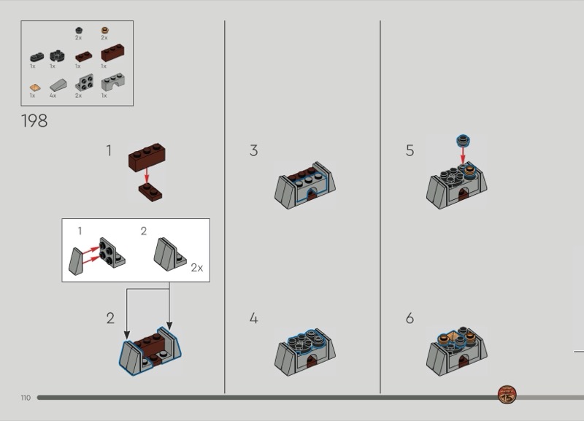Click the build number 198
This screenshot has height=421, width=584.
pyautogui.click(x=34, y=121)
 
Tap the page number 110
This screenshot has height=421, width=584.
pyautogui.click(x=26, y=398)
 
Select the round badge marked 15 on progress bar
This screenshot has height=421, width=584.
pyautogui.click(x=507, y=395)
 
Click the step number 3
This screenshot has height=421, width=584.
pyautogui.click(x=253, y=150)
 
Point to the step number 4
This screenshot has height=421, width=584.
pyautogui.click(x=253, y=318)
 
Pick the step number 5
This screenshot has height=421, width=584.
pyautogui.click(x=410, y=150)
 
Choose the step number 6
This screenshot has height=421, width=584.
pyautogui.click(x=410, y=318)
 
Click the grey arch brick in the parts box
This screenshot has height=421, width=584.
pyautogui.click(x=113, y=82)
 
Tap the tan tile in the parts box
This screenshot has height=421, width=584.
pyautogui.click(x=34, y=88)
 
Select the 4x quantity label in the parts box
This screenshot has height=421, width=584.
pyautogui.click(x=53, y=96)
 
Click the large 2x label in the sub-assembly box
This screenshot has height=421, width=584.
pyautogui.click(x=197, y=268)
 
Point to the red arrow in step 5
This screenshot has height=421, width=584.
pyautogui.click(x=463, y=155)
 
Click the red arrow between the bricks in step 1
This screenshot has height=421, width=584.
pyautogui.click(x=147, y=176)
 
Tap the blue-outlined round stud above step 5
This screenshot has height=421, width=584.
pyautogui.click(x=463, y=140)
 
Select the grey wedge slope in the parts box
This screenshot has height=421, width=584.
pyautogui.click(x=59, y=85)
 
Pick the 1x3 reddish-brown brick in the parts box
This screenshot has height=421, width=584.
pyautogui.click(x=113, y=53)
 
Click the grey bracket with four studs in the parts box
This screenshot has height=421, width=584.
pyautogui.click(x=84, y=82)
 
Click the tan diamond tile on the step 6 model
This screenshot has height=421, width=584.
pyautogui.click(x=453, y=337)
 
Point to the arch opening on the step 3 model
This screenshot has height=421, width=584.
pyautogui.click(x=312, y=193)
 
